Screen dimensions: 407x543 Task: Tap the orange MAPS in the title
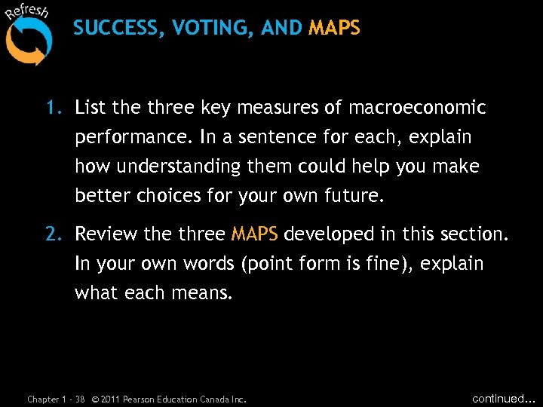334,29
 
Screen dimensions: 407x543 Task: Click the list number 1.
53,109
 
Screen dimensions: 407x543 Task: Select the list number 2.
53,235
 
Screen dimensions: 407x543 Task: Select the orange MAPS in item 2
254,235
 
